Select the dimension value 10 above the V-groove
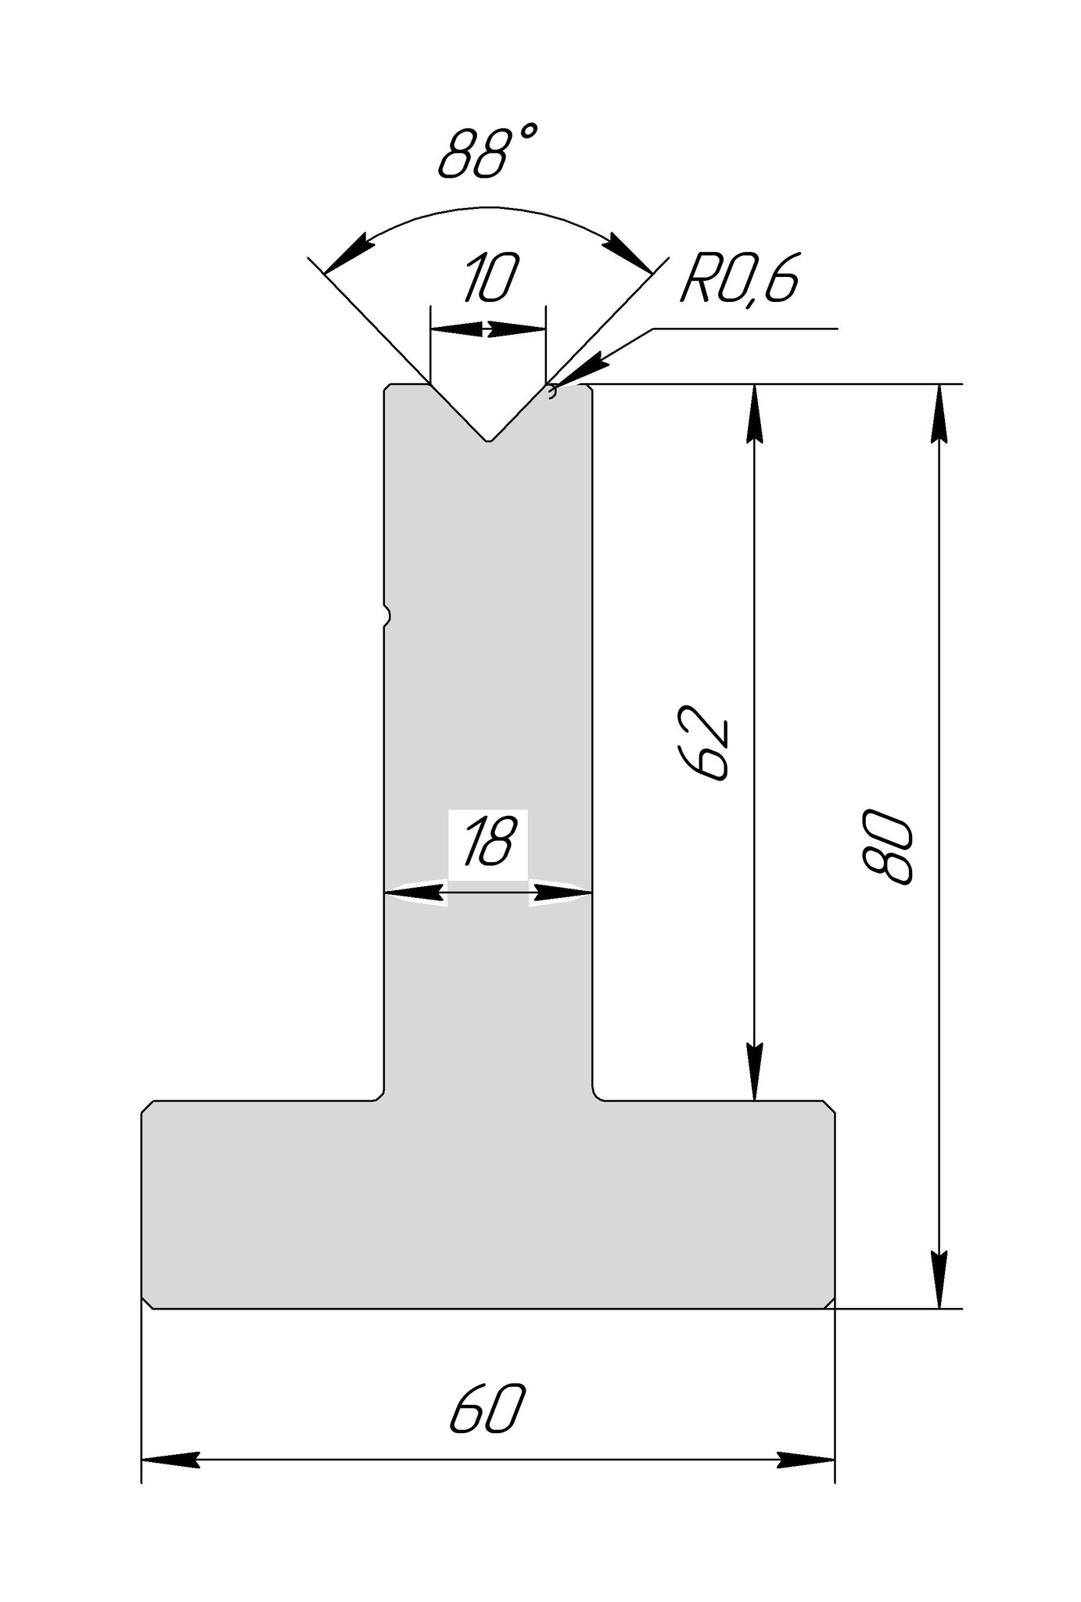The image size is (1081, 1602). click(490, 279)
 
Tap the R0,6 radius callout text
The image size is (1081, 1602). click(739, 279)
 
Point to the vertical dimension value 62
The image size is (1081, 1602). click(710, 742)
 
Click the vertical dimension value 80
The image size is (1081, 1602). click(889, 846)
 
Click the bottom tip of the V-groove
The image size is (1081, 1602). click(489, 440)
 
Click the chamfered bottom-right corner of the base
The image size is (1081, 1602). click(830, 1302)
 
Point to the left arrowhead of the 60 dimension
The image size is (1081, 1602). click(167, 1459)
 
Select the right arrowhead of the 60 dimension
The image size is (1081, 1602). click(809, 1459)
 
